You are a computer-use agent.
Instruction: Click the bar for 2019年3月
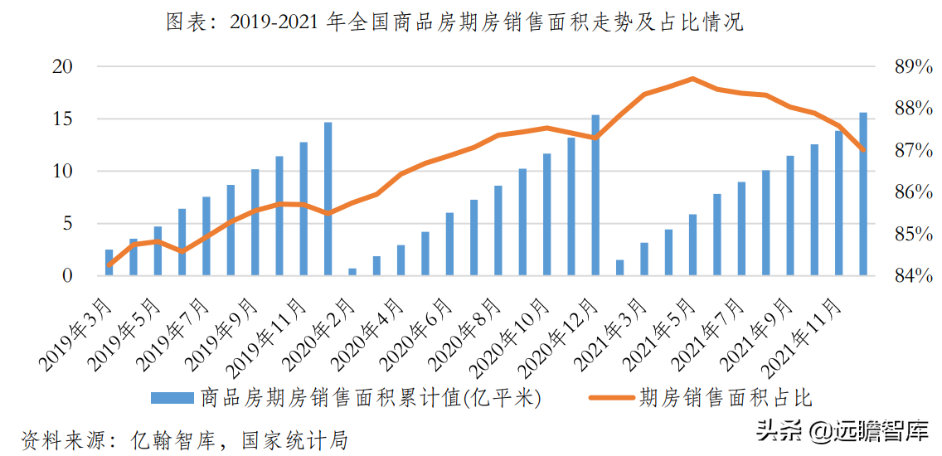pyautogui.click(x=109, y=262)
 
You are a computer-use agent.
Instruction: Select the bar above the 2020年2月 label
pyautogui.click(x=352, y=272)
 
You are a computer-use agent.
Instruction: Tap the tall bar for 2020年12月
pyautogui.click(x=595, y=195)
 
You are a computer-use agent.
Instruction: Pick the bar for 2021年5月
pyautogui.click(x=692, y=245)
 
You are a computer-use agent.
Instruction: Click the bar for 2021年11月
pyautogui.click(x=838, y=203)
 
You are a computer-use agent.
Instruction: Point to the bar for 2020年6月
pyautogui.click(x=449, y=244)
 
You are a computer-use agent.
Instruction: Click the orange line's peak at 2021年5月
pyautogui.click(x=692, y=79)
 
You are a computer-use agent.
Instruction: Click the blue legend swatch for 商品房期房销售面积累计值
pyautogui.click(x=172, y=399)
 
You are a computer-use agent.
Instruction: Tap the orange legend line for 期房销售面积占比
pyautogui.click(x=611, y=399)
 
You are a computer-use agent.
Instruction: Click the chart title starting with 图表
pyautogui.click(x=454, y=22)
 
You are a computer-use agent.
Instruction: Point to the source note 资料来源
pyautogui.click(x=182, y=439)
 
